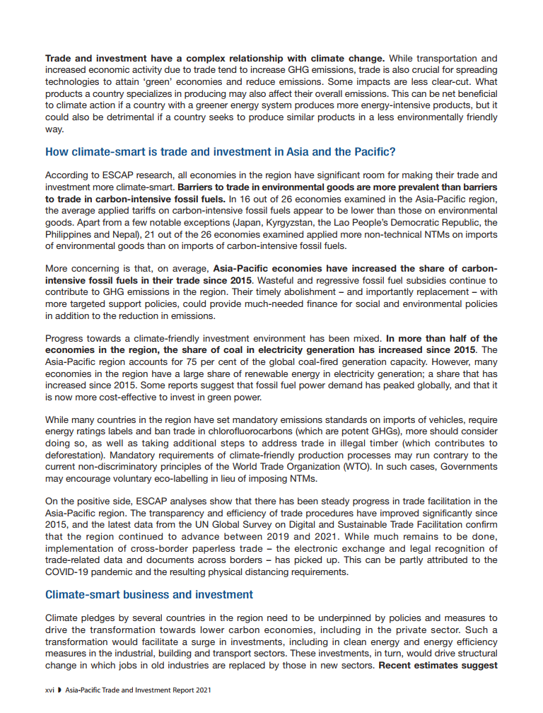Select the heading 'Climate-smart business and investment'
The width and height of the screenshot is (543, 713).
[x=149, y=594]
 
